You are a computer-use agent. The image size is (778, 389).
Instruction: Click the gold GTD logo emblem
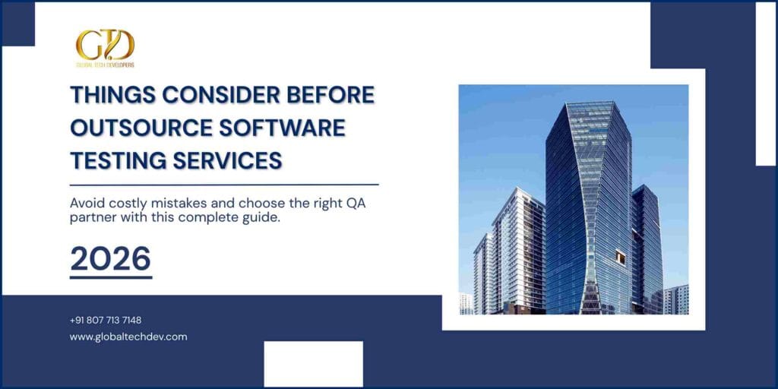tap(105, 45)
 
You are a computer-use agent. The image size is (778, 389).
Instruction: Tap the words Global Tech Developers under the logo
tap(105, 65)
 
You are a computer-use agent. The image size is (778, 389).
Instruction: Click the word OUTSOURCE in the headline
tap(140, 128)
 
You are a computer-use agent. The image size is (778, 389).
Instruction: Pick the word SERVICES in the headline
tap(229, 160)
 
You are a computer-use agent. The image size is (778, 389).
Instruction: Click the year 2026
tap(110, 259)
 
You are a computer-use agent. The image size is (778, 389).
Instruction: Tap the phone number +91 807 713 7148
tap(106, 320)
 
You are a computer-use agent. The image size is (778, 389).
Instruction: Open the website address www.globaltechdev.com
tap(128, 337)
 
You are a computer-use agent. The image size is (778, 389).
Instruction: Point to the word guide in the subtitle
tap(249, 220)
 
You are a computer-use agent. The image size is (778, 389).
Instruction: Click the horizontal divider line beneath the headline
tap(224, 184)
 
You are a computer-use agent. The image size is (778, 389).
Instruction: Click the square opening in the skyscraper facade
tap(621, 258)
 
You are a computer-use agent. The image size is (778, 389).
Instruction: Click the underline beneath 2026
tap(111, 277)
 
